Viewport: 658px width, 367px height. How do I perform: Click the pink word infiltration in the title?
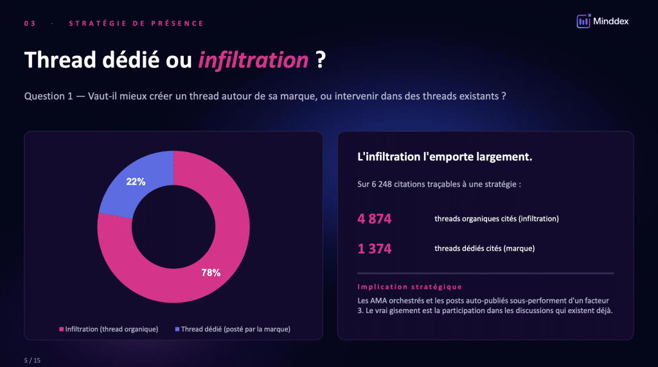253,60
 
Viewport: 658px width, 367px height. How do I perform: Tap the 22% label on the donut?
136,182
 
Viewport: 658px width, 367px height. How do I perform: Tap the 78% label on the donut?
211,273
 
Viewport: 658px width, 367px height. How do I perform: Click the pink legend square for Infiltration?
61,329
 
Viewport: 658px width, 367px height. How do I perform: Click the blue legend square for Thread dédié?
177,329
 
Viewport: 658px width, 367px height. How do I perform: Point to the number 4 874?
375,219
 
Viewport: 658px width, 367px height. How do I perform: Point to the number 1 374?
375,249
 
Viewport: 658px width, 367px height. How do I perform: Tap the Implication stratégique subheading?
409,287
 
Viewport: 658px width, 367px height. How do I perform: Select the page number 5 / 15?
32,360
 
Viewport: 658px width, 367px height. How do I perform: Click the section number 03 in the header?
30,24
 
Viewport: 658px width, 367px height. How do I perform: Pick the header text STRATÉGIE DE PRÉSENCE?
136,24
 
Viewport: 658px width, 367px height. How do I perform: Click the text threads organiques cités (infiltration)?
497,219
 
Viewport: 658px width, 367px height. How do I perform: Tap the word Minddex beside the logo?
612,21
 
